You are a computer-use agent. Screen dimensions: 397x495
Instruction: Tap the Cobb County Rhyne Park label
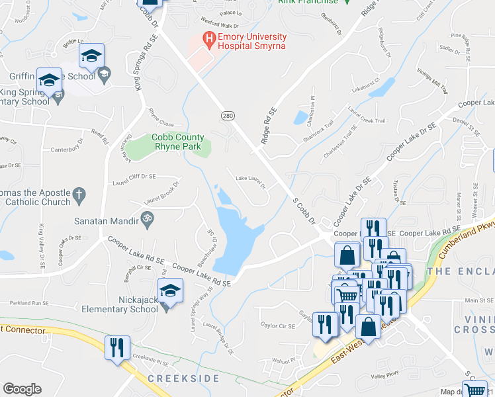(178, 142)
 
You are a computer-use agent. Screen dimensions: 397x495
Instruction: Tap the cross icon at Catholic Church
(79, 195)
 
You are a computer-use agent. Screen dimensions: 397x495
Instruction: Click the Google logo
(22, 389)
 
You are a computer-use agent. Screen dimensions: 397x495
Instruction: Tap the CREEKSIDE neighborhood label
(183, 378)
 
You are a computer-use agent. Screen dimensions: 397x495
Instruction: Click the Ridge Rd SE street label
(269, 126)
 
